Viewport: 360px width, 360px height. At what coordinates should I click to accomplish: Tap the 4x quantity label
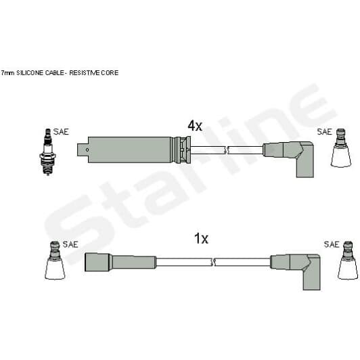pos(195,126)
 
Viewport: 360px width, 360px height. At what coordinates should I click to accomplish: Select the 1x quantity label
pos(201,239)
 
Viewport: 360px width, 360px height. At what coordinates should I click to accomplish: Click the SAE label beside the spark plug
pos(61,132)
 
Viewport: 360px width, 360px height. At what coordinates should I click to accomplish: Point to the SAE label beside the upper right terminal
pos(324,132)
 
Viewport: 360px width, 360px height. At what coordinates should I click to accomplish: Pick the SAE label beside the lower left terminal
pos(70,244)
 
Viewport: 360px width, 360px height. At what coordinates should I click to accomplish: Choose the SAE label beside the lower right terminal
pos(332,244)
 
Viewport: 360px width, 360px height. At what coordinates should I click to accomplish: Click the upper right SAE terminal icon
pos(341,148)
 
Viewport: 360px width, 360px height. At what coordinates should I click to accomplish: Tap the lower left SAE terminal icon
pos(55,261)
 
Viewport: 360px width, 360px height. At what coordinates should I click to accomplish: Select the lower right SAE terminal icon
pos(348,261)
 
